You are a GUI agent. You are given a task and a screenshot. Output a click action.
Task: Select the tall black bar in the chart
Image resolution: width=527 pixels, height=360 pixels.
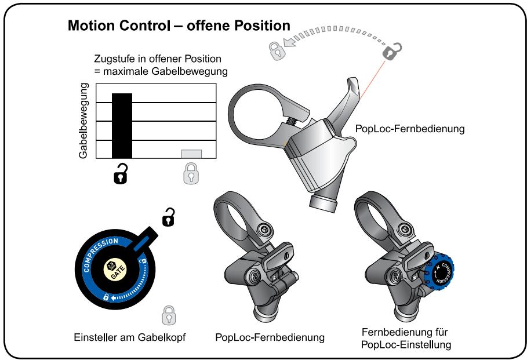[x=122, y=125]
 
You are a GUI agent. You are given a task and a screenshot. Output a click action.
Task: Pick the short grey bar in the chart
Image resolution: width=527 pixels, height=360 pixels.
[x=191, y=154]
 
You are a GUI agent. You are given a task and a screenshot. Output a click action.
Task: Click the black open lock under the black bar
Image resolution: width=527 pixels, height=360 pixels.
[x=121, y=173]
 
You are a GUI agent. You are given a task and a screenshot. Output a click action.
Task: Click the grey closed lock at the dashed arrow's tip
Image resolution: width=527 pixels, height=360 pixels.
[x=277, y=50]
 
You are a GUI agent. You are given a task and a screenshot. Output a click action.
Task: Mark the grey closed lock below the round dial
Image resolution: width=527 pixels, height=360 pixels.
[x=168, y=315]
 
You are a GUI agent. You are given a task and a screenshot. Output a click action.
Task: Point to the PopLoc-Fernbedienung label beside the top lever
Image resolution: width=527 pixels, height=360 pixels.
[x=410, y=129]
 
